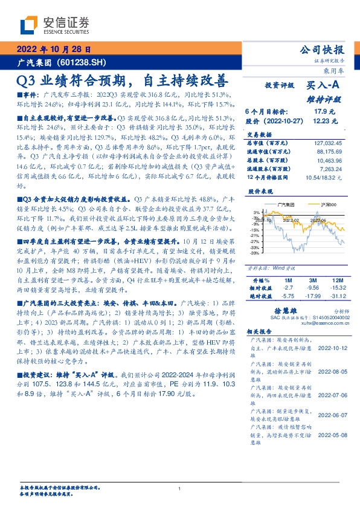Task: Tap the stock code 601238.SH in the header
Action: click(x=84, y=62)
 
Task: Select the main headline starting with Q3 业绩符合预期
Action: click(x=123, y=80)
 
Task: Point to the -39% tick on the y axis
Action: click(x=256, y=253)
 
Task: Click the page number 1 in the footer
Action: click(x=180, y=489)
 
